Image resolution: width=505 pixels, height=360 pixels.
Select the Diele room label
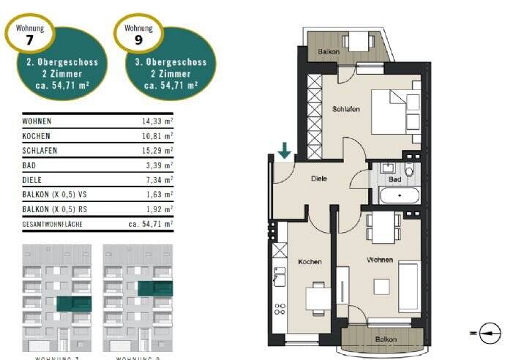click(x=318, y=178)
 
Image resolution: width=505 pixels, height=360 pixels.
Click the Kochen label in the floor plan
click(x=310, y=261)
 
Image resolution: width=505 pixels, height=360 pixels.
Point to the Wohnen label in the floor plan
click(x=381, y=260)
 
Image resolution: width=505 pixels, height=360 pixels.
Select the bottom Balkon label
click(x=386, y=340)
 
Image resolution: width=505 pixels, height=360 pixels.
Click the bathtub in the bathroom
click(x=398, y=196)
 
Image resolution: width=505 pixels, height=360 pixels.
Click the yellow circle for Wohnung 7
click(x=29, y=32)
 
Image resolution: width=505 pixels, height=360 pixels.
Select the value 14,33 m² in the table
click(x=157, y=121)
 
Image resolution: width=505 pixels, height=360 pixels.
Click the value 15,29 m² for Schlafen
click(x=157, y=151)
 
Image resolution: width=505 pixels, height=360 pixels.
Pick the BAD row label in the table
click(x=30, y=165)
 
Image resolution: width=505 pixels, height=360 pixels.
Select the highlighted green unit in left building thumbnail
click(x=74, y=304)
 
